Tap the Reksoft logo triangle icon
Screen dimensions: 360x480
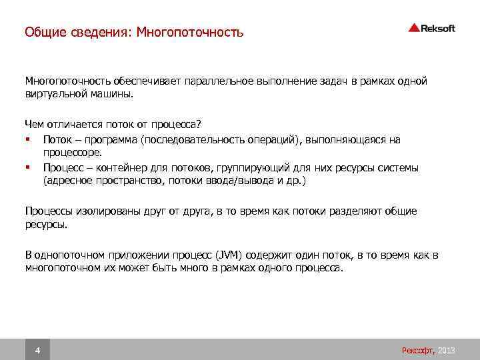[x=414, y=27]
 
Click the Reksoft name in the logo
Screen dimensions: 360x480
[x=439, y=27]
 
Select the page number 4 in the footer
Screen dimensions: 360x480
[x=37, y=350]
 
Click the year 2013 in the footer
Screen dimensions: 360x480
[x=447, y=350]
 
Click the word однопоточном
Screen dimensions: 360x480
[x=71, y=255]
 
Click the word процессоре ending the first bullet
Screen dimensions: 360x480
[x=71, y=153]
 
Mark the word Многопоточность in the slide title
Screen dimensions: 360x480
[x=191, y=32]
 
